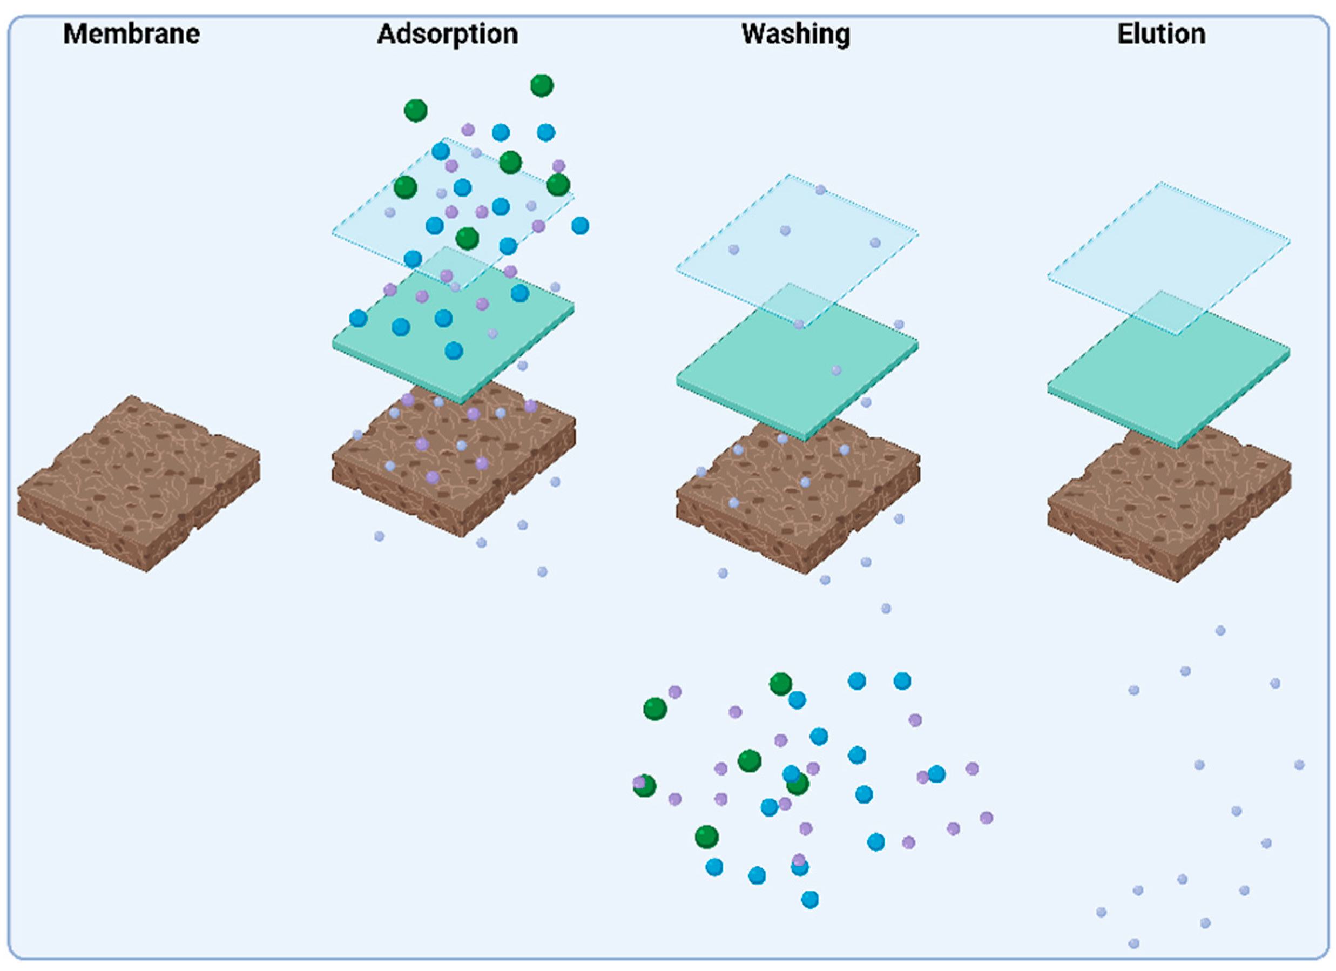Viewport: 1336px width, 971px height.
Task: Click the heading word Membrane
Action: point(131,34)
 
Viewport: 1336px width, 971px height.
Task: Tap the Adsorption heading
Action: point(448,34)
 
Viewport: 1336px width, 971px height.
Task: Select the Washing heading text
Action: point(796,34)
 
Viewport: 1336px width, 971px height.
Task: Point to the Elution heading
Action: point(1162,34)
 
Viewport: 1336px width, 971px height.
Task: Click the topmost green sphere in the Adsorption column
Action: point(541,85)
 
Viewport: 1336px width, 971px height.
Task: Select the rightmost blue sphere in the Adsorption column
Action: point(580,226)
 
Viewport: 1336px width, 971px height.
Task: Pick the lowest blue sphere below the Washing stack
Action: point(810,900)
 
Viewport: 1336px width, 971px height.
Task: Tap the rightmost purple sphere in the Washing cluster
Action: point(987,818)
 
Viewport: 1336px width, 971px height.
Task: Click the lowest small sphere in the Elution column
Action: point(1134,944)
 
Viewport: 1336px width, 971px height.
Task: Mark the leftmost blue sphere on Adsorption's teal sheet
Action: point(358,318)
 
